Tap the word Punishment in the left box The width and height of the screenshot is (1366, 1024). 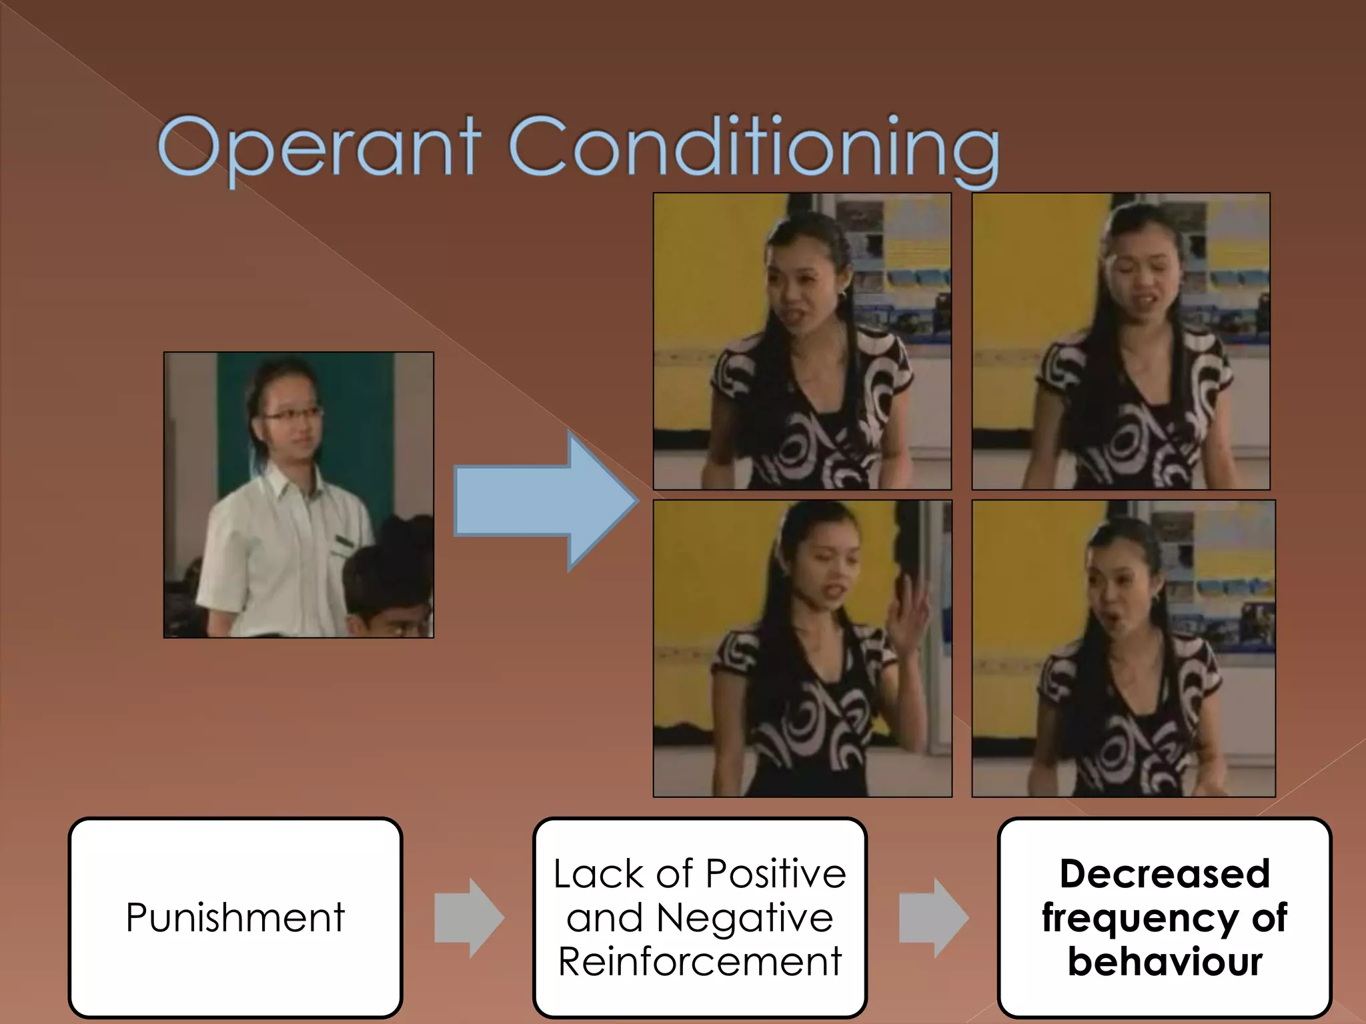pos(235,917)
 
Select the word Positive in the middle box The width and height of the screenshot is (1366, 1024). pos(776,873)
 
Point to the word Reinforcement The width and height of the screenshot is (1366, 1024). pos(700,961)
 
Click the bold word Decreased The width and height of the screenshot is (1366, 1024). pos(1165,873)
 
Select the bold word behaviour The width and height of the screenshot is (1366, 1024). pos(1165,961)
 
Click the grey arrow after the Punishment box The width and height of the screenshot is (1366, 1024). pos(469,918)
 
